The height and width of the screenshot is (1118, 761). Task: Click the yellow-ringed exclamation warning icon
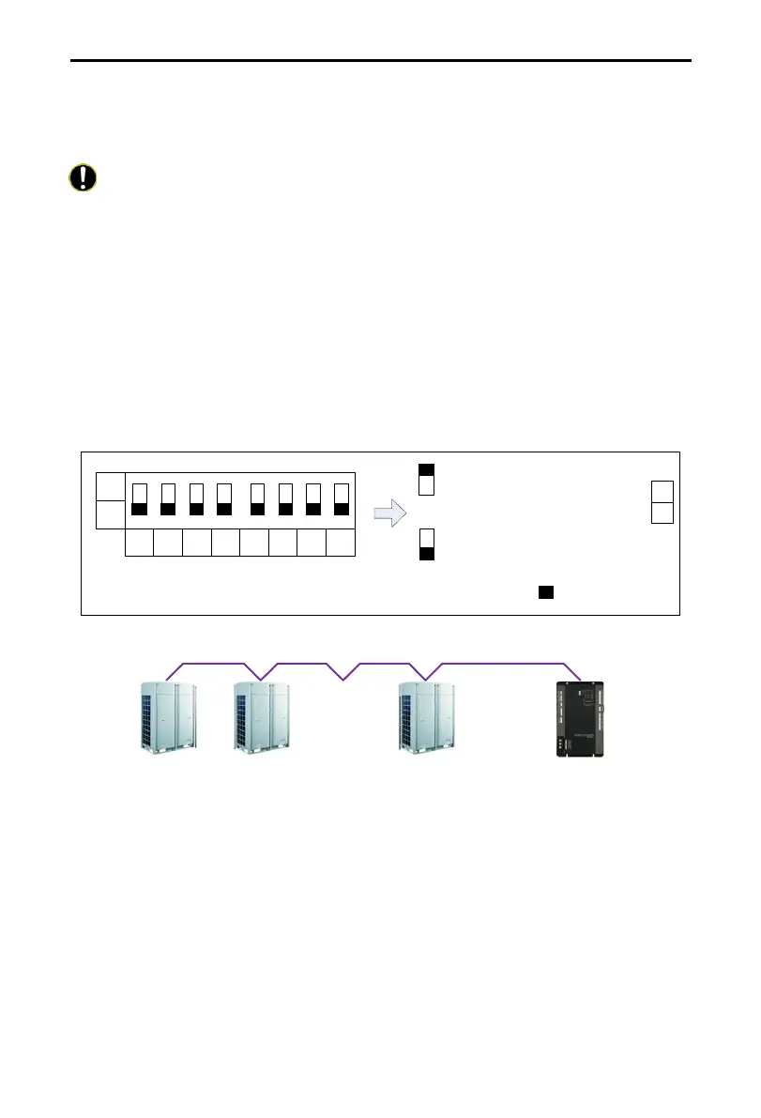83,178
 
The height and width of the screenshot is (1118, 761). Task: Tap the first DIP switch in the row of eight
140,499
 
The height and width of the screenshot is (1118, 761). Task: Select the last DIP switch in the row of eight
342,499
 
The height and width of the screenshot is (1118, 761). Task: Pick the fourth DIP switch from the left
223,499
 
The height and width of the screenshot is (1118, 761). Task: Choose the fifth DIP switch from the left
258,499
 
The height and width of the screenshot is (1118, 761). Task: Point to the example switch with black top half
426,479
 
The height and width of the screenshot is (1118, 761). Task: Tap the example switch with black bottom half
426,544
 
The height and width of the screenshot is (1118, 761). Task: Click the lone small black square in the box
544,592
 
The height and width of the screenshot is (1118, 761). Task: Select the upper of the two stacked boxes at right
662,491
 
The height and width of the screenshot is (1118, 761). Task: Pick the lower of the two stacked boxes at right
662,513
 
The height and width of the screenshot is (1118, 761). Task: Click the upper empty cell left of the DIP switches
110,486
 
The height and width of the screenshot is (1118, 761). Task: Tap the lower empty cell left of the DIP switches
110,514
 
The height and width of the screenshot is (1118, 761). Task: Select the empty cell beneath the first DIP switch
140,543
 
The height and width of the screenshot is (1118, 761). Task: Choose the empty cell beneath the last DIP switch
342,543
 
